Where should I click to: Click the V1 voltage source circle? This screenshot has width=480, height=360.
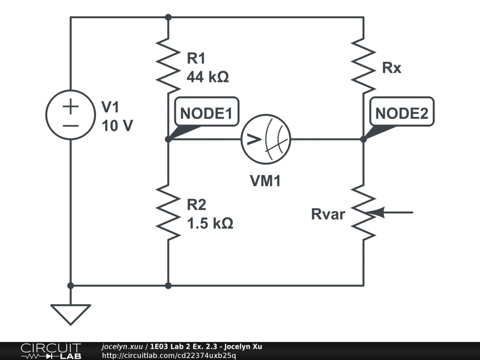(x=70, y=115)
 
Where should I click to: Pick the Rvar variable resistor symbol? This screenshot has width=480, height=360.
(x=363, y=212)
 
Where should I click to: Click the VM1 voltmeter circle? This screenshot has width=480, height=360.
(x=266, y=139)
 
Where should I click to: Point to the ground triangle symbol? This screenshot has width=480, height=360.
(x=70, y=314)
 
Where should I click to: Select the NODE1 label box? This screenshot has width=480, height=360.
(x=206, y=114)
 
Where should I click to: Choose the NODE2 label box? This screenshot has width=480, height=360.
(x=402, y=114)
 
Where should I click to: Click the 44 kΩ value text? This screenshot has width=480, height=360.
(x=208, y=77)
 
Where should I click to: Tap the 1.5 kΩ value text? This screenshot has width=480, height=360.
(x=210, y=224)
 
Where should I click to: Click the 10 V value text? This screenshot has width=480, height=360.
(x=117, y=126)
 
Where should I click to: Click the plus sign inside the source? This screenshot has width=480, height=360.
(x=70, y=107)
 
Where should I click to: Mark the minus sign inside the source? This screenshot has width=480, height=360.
(x=70, y=126)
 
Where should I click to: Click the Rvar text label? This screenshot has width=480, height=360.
(x=328, y=215)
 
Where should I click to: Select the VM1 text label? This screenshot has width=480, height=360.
(x=265, y=181)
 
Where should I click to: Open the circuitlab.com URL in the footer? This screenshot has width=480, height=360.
(x=169, y=355)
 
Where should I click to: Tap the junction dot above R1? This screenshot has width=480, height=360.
(x=168, y=17)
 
